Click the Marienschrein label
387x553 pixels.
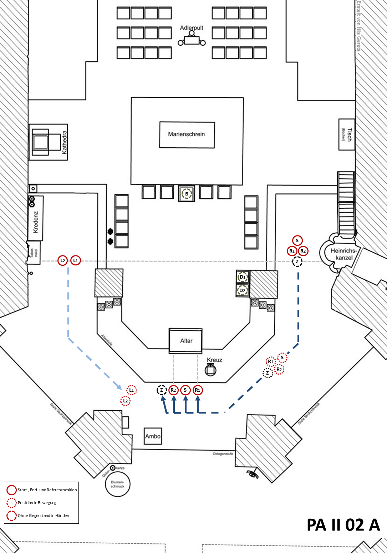187,135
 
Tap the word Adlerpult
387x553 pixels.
192,28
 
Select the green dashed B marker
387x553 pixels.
187,194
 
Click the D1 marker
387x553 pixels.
243,277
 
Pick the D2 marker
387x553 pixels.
243,290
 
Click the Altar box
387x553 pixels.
186,341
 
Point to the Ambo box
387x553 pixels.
153,436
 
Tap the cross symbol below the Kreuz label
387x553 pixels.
210,370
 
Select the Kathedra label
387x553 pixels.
65,142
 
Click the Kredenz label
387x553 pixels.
35,222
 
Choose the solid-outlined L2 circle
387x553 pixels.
63,261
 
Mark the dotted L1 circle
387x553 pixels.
131,390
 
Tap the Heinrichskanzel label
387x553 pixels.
344,254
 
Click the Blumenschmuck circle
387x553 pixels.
117,484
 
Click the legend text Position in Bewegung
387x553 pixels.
37,503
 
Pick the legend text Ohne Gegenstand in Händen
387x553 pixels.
44,516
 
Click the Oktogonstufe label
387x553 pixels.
223,454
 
